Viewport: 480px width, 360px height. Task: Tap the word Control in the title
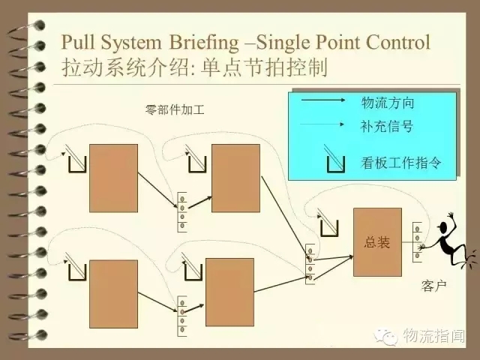(x=397, y=41)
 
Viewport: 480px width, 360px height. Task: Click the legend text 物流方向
(x=387, y=103)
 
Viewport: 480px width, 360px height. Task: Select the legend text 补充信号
(x=387, y=125)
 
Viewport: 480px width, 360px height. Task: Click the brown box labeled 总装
(x=377, y=241)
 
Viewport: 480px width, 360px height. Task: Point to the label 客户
(x=434, y=287)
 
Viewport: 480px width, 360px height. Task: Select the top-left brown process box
(x=113, y=178)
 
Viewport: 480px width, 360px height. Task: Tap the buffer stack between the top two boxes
(x=182, y=211)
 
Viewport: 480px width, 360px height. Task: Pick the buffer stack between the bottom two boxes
(x=182, y=316)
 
